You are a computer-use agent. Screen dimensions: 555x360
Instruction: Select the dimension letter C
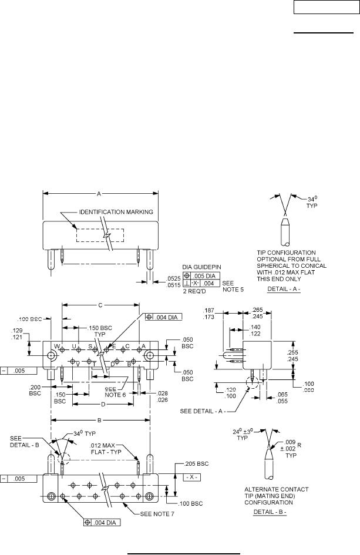(x=100, y=305)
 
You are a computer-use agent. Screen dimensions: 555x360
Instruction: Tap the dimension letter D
(x=103, y=405)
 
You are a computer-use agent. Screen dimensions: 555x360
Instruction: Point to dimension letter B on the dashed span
(x=101, y=420)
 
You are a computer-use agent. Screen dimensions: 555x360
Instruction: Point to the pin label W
(x=57, y=346)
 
